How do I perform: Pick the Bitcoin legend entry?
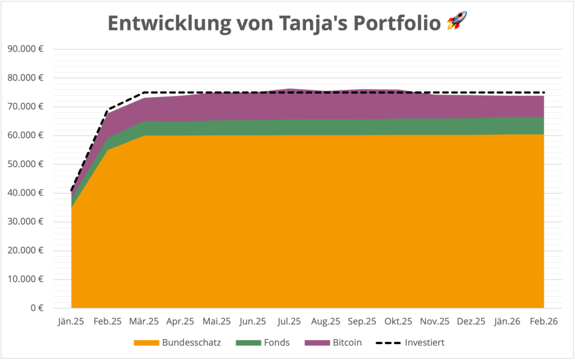pyautogui.click(x=334, y=342)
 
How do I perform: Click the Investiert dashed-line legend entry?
pyautogui.click(x=414, y=342)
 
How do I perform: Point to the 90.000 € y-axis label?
pyautogui.click(x=26, y=49)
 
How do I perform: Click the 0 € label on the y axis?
pyautogui.click(x=37, y=308)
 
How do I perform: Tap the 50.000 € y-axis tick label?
pyautogui.click(x=26, y=164)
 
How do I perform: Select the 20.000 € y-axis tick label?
pyautogui.click(x=26, y=250)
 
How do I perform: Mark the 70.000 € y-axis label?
pyautogui.click(x=26, y=107)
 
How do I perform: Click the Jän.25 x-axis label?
pyautogui.click(x=71, y=321)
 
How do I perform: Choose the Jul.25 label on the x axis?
pyautogui.click(x=289, y=321)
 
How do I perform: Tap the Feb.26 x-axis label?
pyautogui.click(x=544, y=321)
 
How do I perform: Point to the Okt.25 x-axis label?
pyautogui.click(x=398, y=321)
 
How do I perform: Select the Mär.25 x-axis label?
pyautogui.click(x=144, y=321)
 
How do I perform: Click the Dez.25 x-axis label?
pyautogui.click(x=471, y=321)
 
